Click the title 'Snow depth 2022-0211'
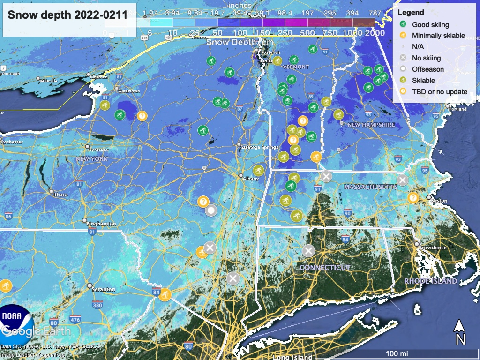point(67,15)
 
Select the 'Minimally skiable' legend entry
point(438,36)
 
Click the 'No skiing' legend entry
point(426,58)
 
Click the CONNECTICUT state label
point(325,267)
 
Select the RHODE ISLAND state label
point(431,281)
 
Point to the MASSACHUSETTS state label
point(370,187)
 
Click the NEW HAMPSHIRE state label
point(371,125)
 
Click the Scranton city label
point(104,289)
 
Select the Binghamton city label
point(101,224)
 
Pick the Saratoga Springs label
point(256,147)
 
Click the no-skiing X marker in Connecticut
point(308,251)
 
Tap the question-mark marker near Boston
point(413,197)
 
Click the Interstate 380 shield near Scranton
point(97,306)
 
